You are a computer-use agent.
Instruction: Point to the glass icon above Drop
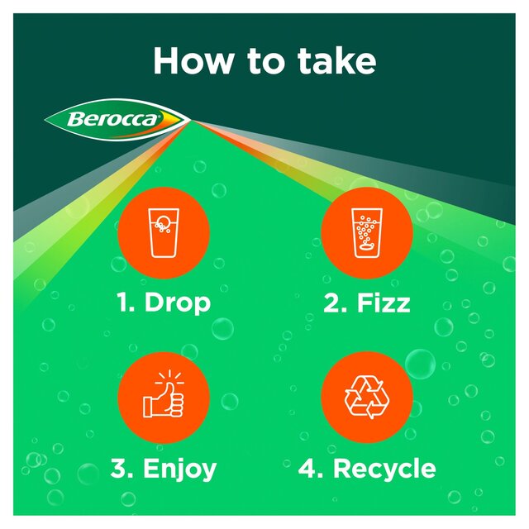[163, 232]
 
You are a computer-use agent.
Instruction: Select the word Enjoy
[179, 469]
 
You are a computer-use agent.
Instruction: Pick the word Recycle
[384, 469]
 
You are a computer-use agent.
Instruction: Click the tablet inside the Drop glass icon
[164, 221]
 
